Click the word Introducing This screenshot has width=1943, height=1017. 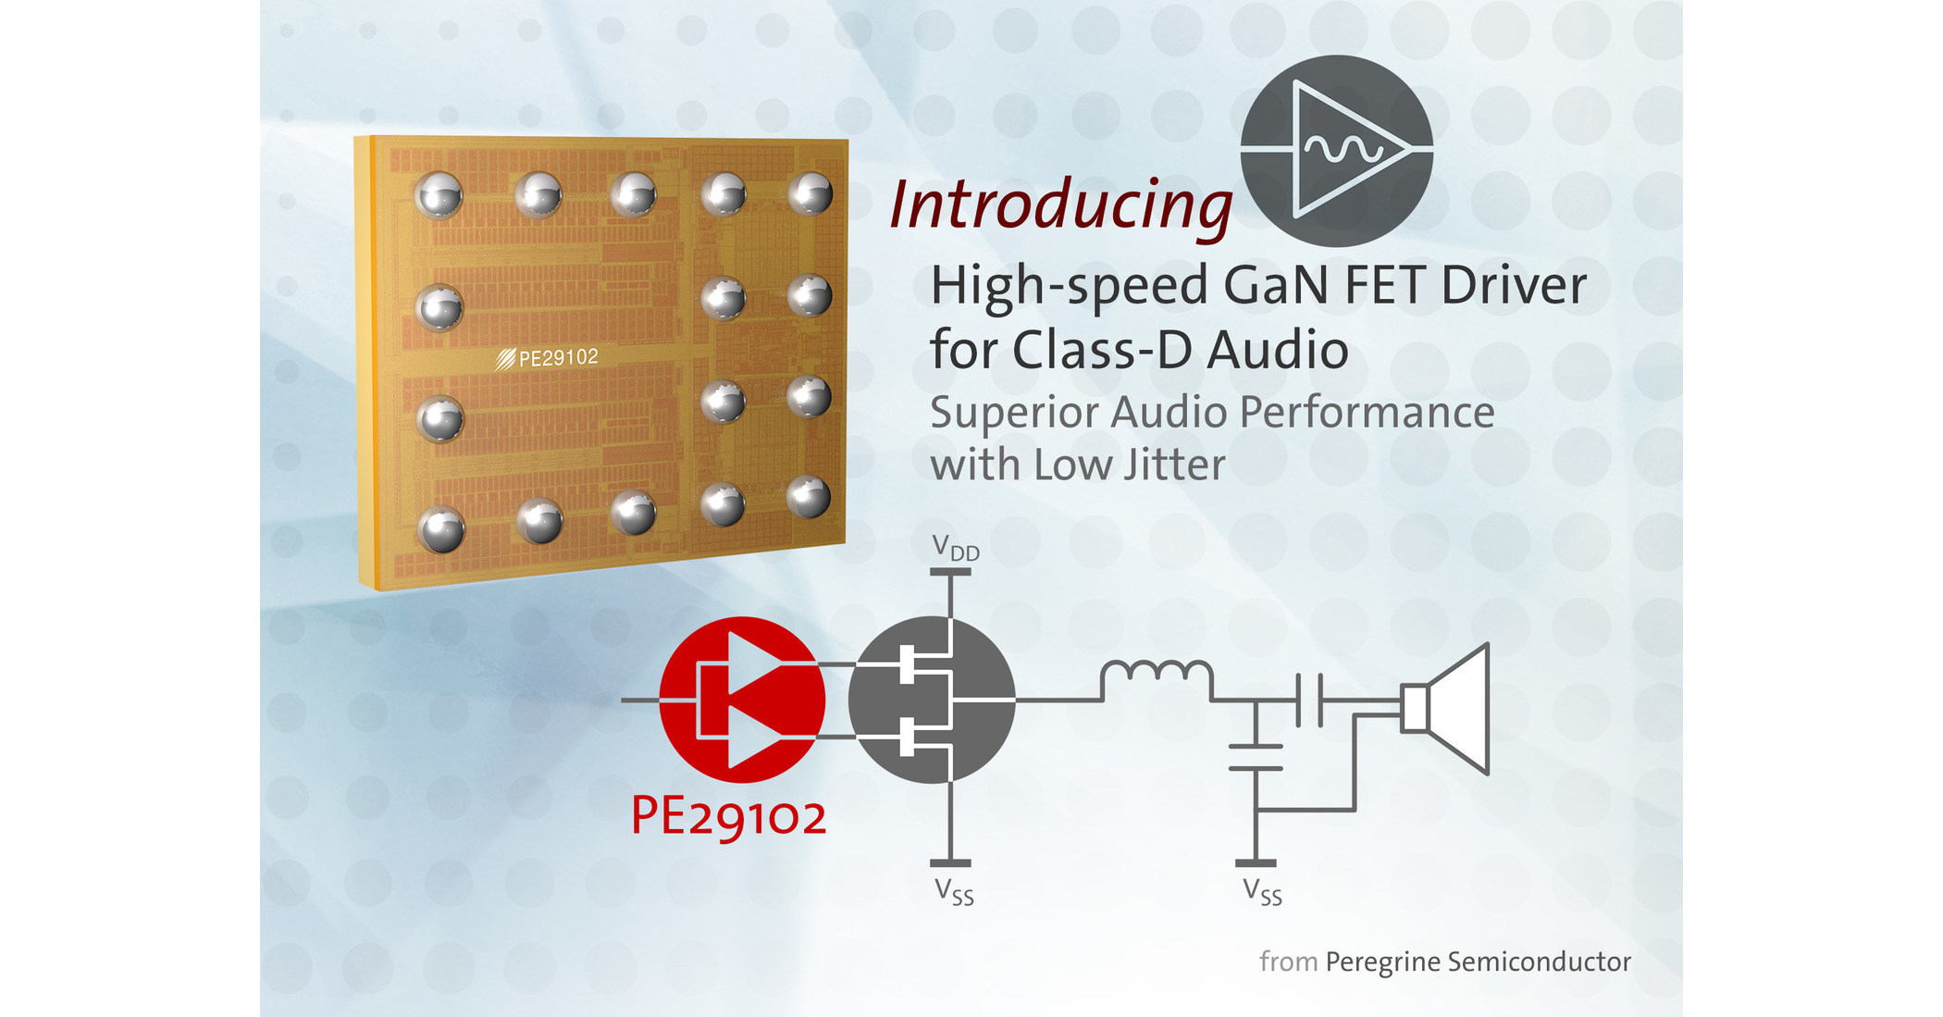pyautogui.click(x=1060, y=205)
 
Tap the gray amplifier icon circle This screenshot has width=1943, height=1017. pyautogui.click(x=1336, y=150)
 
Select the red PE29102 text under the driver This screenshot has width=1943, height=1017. pyautogui.click(x=728, y=816)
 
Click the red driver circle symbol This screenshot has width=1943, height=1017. pyautogui.click(x=742, y=700)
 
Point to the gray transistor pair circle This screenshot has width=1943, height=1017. pyautogui.click(x=932, y=700)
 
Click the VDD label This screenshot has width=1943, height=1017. pyautogui.click(x=955, y=548)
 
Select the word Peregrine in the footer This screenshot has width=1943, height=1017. pyautogui.click(x=1381, y=962)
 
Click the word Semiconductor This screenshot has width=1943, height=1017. pyautogui.click(x=1539, y=961)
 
